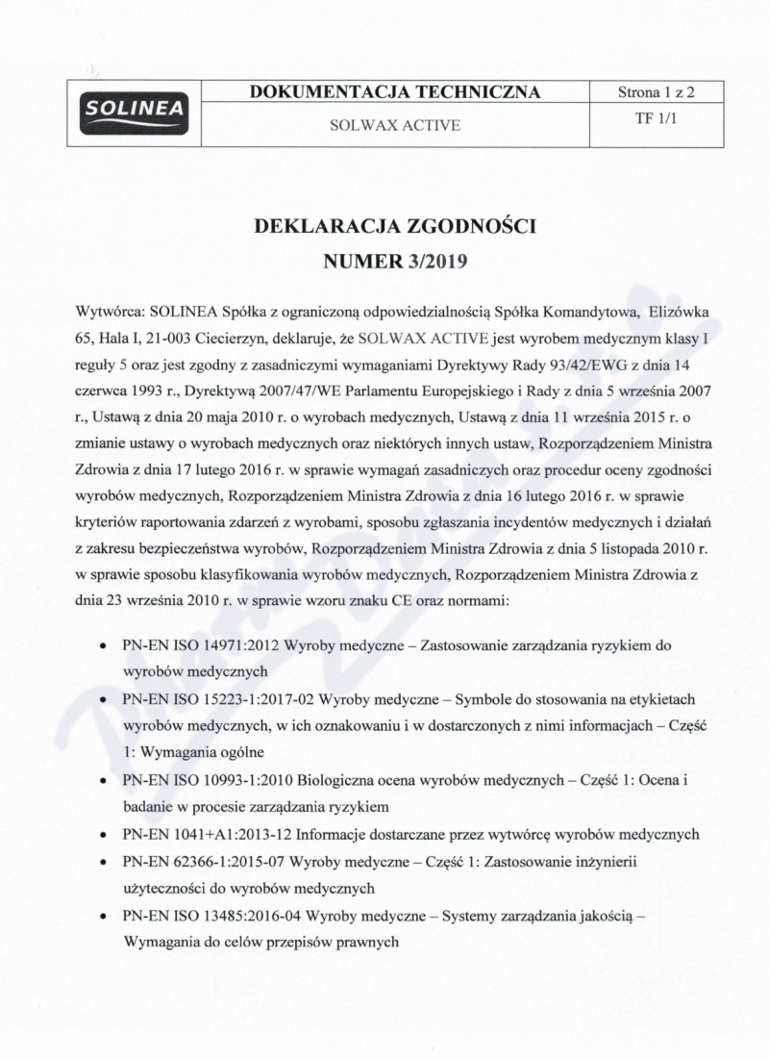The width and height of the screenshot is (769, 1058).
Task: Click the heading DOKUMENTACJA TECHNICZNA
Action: point(394,92)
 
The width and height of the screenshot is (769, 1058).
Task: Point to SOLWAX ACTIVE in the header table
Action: point(394,126)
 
